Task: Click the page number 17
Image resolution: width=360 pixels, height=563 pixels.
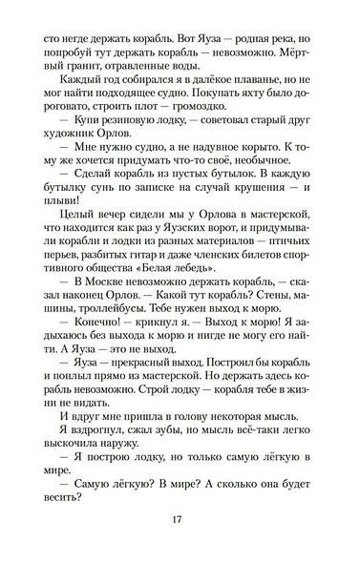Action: (179, 520)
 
